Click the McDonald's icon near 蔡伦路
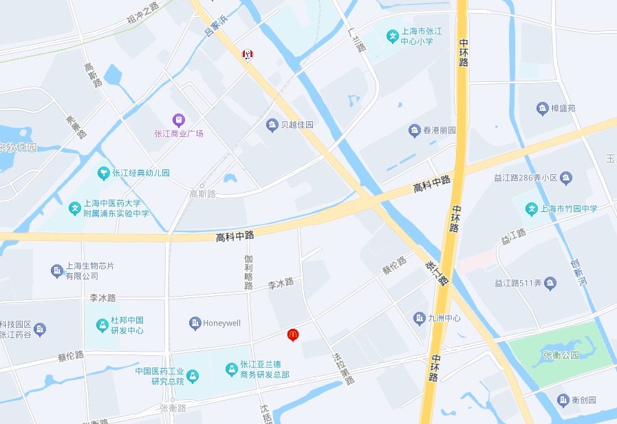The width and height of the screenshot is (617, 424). [293, 335]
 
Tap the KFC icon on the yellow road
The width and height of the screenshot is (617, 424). [246, 54]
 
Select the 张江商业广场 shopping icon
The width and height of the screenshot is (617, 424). [178, 119]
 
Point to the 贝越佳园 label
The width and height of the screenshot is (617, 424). [297, 125]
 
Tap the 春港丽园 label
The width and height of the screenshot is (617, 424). [439, 129]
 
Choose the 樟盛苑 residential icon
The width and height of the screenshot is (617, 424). [543, 108]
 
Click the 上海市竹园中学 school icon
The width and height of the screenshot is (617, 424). [531, 208]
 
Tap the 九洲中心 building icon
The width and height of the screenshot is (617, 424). [419, 318]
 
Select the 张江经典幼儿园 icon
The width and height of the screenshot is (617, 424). [103, 172]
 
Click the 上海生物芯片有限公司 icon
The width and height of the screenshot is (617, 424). [57, 271]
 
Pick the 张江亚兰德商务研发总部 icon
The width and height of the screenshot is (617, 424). [232, 370]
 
